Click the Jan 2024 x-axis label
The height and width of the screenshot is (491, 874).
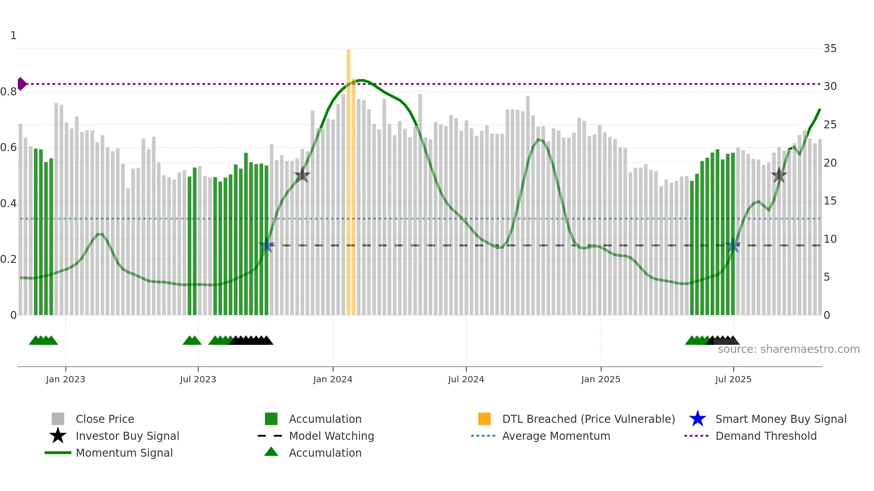click(333, 379)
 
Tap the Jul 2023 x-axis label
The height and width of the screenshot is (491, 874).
click(198, 379)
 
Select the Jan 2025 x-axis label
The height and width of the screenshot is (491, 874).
click(601, 379)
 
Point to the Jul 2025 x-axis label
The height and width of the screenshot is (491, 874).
click(733, 379)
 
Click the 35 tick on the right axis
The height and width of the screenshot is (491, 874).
click(830, 49)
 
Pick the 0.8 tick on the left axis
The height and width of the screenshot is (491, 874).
click(8, 92)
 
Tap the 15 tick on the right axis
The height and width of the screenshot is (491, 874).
click(830, 201)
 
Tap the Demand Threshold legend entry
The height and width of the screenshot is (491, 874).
click(766, 436)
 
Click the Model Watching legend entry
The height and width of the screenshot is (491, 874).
click(331, 436)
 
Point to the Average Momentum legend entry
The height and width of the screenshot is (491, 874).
click(556, 436)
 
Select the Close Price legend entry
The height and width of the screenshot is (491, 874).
click(104, 419)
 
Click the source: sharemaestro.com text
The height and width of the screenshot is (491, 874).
click(788, 349)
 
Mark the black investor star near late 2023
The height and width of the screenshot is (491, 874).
click(302, 175)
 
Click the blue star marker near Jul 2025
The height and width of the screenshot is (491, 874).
click(733, 245)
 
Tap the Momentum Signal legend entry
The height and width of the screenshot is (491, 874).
click(124, 453)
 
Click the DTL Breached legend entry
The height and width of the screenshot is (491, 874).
click(588, 419)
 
